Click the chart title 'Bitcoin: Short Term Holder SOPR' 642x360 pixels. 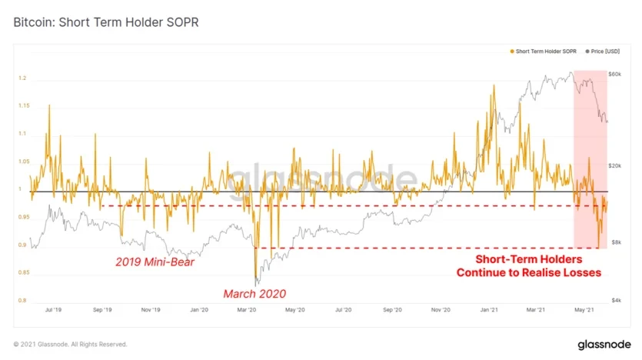coord(106,22)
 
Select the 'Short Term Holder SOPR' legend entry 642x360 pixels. coord(544,52)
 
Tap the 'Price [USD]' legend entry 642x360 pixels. coord(602,52)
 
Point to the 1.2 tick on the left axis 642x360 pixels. coord(24,79)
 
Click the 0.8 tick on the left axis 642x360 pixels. coord(24,301)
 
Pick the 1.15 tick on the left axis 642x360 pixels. coord(24,107)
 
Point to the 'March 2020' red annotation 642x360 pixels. coord(254,293)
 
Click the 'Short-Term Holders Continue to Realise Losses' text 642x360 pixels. coord(528,266)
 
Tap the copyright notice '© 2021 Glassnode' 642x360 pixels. coord(69,344)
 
